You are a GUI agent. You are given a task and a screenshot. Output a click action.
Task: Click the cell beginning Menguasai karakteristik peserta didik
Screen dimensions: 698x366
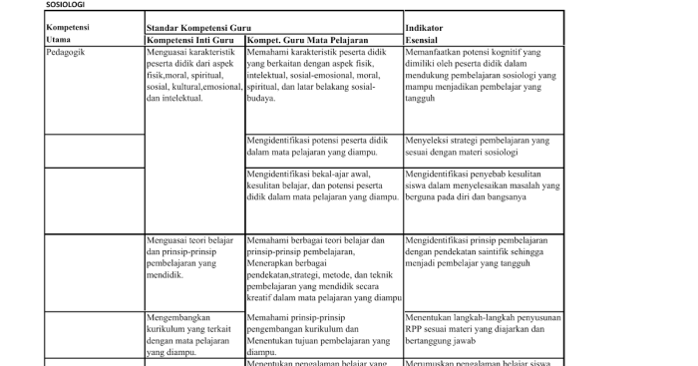point(192,75)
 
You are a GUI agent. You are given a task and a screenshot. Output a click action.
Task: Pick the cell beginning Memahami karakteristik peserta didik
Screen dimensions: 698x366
point(322,75)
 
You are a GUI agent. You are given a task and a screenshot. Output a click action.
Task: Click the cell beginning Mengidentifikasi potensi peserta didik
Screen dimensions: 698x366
point(322,147)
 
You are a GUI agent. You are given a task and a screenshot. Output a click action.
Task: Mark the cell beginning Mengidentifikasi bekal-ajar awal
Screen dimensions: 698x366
point(322,184)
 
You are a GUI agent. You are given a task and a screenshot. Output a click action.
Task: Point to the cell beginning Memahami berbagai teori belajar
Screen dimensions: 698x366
point(322,269)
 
